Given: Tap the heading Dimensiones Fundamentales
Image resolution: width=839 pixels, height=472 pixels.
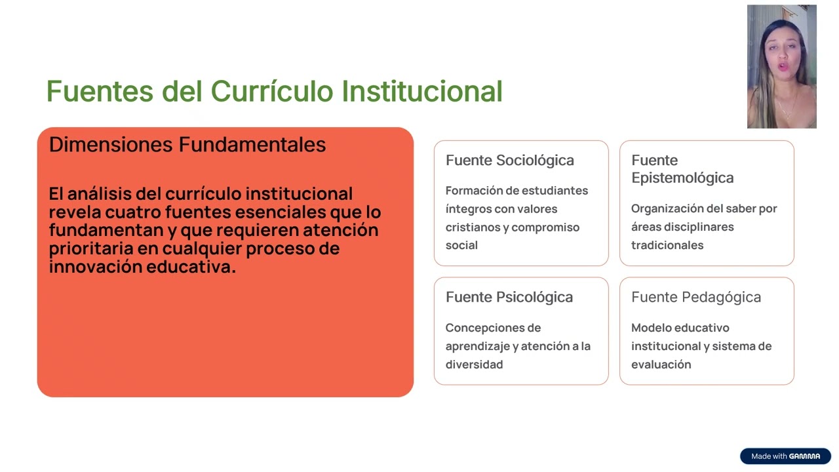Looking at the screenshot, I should click(187, 144).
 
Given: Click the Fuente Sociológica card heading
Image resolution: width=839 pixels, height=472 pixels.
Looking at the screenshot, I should click(509, 160).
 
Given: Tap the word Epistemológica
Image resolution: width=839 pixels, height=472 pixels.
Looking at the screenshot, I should click(682, 178).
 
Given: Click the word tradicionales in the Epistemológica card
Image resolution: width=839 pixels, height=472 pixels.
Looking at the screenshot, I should click(667, 245).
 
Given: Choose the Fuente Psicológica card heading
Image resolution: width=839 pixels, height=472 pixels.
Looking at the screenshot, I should click(509, 297).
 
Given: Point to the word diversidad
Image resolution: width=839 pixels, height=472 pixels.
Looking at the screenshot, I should click(474, 364).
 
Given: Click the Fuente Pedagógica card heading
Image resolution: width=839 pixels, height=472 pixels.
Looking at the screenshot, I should click(695, 297).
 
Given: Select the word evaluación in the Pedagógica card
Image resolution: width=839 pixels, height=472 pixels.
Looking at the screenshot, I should click(661, 364).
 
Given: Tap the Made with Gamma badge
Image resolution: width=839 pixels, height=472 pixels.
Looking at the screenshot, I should click(785, 456).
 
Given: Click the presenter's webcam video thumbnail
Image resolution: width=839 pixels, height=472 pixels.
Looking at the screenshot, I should click(781, 66).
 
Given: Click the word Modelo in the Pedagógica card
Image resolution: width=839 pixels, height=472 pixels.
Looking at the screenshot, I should click(651, 328).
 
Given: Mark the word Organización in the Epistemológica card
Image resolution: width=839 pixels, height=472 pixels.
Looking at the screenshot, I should click(665, 208).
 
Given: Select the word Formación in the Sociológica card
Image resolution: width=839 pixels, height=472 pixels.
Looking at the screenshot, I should click(475, 191).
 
